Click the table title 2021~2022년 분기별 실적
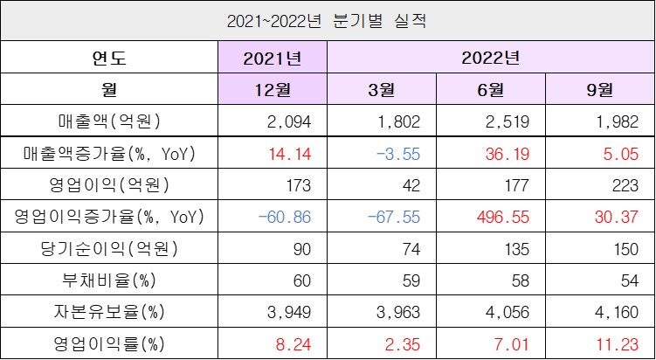point(327,19)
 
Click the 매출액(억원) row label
point(108,121)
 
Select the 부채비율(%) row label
point(108,279)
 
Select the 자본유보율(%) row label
point(108,310)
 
